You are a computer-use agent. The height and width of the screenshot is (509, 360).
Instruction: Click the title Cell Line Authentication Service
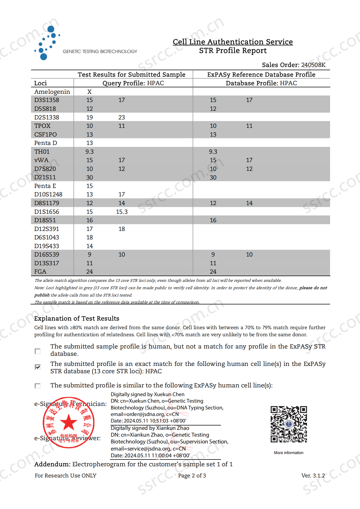[x=233, y=42]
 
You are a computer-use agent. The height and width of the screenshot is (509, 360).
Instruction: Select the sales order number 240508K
[x=313, y=65]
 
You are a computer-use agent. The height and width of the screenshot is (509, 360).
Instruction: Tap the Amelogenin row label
[x=52, y=92]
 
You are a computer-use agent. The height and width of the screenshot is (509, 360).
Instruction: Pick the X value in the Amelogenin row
[x=90, y=92]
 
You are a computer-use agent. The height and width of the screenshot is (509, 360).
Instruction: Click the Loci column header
[x=41, y=83]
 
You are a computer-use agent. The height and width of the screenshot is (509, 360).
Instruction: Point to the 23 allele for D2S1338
[x=122, y=118]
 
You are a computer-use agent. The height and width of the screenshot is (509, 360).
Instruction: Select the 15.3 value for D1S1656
[x=122, y=212]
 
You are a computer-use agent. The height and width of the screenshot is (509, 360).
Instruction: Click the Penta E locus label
[x=45, y=186]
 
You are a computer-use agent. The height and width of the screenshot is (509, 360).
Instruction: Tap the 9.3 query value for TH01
[x=90, y=152]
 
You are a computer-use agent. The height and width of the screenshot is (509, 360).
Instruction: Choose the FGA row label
[x=40, y=272]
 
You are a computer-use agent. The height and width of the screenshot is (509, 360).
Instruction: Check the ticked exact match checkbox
[x=38, y=367]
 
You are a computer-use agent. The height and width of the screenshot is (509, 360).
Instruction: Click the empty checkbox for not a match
[x=38, y=351]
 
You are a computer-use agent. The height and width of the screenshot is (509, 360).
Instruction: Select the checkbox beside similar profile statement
[x=38, y=386]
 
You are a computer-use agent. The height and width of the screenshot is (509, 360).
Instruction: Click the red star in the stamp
[x=69, y=422]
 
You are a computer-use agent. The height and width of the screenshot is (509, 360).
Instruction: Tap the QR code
[x=289, y=424]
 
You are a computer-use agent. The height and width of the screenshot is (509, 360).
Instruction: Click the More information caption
[x=288, y=453]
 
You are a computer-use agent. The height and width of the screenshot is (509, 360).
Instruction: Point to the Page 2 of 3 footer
[x=192, y=476]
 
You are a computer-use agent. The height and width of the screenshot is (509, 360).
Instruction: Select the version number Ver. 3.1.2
[x=313, y=476]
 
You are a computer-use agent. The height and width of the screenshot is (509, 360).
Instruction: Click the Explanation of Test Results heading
[x=77, y=319]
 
